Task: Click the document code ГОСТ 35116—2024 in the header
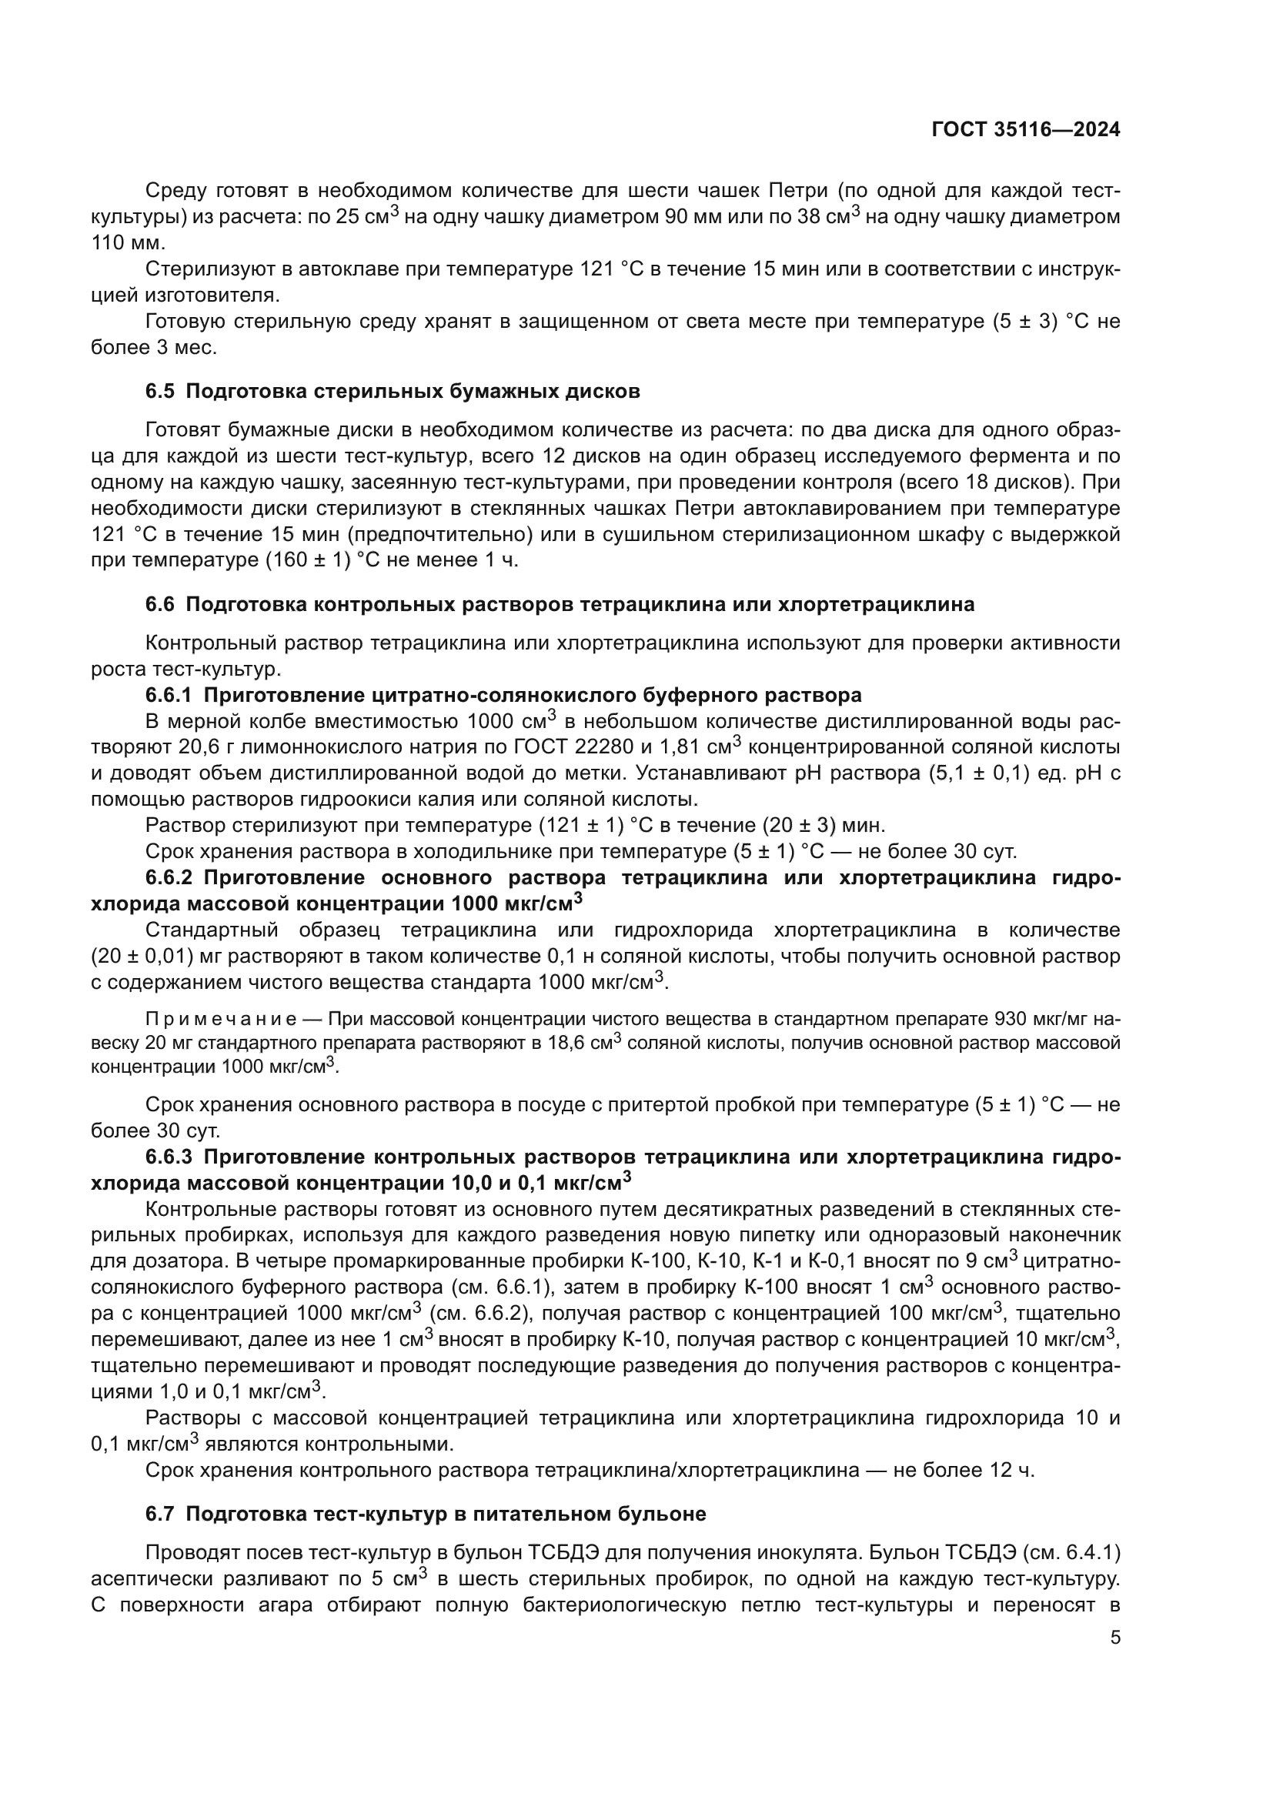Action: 1025,130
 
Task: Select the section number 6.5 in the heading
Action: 160,391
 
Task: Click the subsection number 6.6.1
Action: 168,696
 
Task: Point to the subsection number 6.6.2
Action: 168,877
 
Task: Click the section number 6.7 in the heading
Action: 160,1514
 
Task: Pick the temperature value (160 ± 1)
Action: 305,560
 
